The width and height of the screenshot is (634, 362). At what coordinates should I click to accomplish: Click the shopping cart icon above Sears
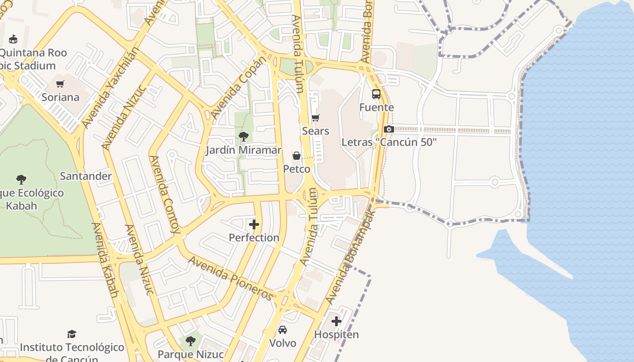[316, 118]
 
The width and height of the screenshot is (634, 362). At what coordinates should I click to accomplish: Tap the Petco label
[297, 169]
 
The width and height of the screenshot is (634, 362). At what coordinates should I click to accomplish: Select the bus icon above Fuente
[376, 94]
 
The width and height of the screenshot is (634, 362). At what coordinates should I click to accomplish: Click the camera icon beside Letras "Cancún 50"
[389, 129]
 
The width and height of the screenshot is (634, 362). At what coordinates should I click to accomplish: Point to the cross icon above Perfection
[254, 224]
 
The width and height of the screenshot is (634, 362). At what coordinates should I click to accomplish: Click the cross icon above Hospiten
[336, 321]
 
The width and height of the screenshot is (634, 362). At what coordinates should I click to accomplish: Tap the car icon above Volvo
[283, 329]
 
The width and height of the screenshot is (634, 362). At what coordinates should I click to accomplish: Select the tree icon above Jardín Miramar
[244, 136]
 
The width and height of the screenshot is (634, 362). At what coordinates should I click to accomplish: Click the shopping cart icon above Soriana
[60, 84]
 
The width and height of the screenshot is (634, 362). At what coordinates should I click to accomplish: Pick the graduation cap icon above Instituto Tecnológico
[72, 334]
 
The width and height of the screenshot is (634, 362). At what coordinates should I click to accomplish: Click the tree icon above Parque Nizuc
[191, 340]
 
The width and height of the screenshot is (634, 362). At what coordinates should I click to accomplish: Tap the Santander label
[86, 176]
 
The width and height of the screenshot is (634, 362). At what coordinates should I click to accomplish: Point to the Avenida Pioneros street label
[231, 278]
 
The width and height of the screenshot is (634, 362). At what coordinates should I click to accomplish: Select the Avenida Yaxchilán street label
[109, 86]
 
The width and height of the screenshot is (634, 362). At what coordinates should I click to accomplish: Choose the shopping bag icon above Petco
[297, 156]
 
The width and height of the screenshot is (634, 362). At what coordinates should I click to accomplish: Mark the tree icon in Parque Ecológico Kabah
[21, 180]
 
